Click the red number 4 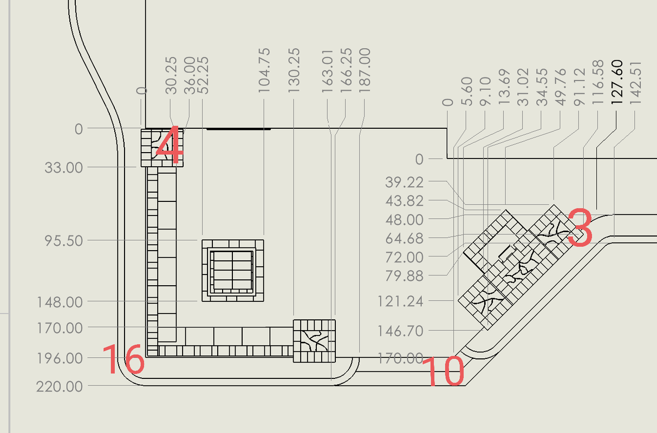[x=170, y=145]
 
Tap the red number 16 [x=123, y=360]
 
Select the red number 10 [x=443, y=371]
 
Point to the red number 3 [x=580, y=227]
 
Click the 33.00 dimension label [x=64, y=168]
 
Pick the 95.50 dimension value [x=64, y=241]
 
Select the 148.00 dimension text [x=60, y=302]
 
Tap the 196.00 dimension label [x=60, y=358]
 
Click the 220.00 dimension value [x=60, y=386]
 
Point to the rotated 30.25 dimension [x=171, y=76]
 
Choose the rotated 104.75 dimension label [x=264, y=71]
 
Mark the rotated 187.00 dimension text [x=365, y=71]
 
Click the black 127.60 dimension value [x=617, y=82]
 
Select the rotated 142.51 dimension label [x=635, y=83]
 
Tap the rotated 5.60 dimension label [x=467, y=91]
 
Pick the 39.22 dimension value [x=404, y=182]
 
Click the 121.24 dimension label [x=400, y=301]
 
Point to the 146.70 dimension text [x=400, y=331]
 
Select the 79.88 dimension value [x=404, y=276]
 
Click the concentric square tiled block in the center [x=233, y=271]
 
